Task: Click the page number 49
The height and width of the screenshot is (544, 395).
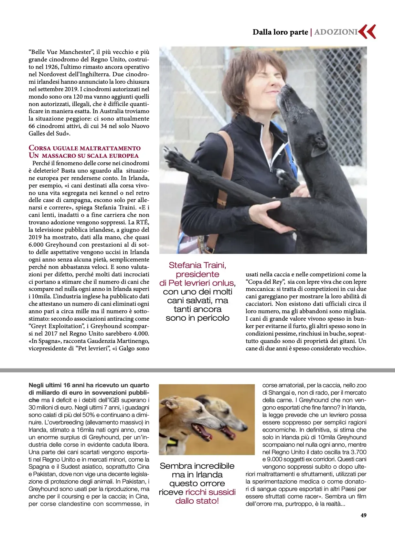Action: pyautogui.click(x=363, y=515)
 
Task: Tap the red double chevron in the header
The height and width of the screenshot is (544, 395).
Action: pyautogui.click(x=368, y=32)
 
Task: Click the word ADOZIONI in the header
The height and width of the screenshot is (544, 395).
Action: pyautogui.click(x=336, y=32)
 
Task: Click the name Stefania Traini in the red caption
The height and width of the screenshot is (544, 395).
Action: pyautogui.click(x=197, y=265)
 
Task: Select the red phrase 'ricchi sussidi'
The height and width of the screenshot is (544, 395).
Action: pyautogui.click(x=210, y=492)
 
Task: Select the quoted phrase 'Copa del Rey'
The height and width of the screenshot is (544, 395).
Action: pyautogui.click(x=265, y=282)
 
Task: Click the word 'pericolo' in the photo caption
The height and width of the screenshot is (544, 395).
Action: pyautogui.click(x=213, y=318)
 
